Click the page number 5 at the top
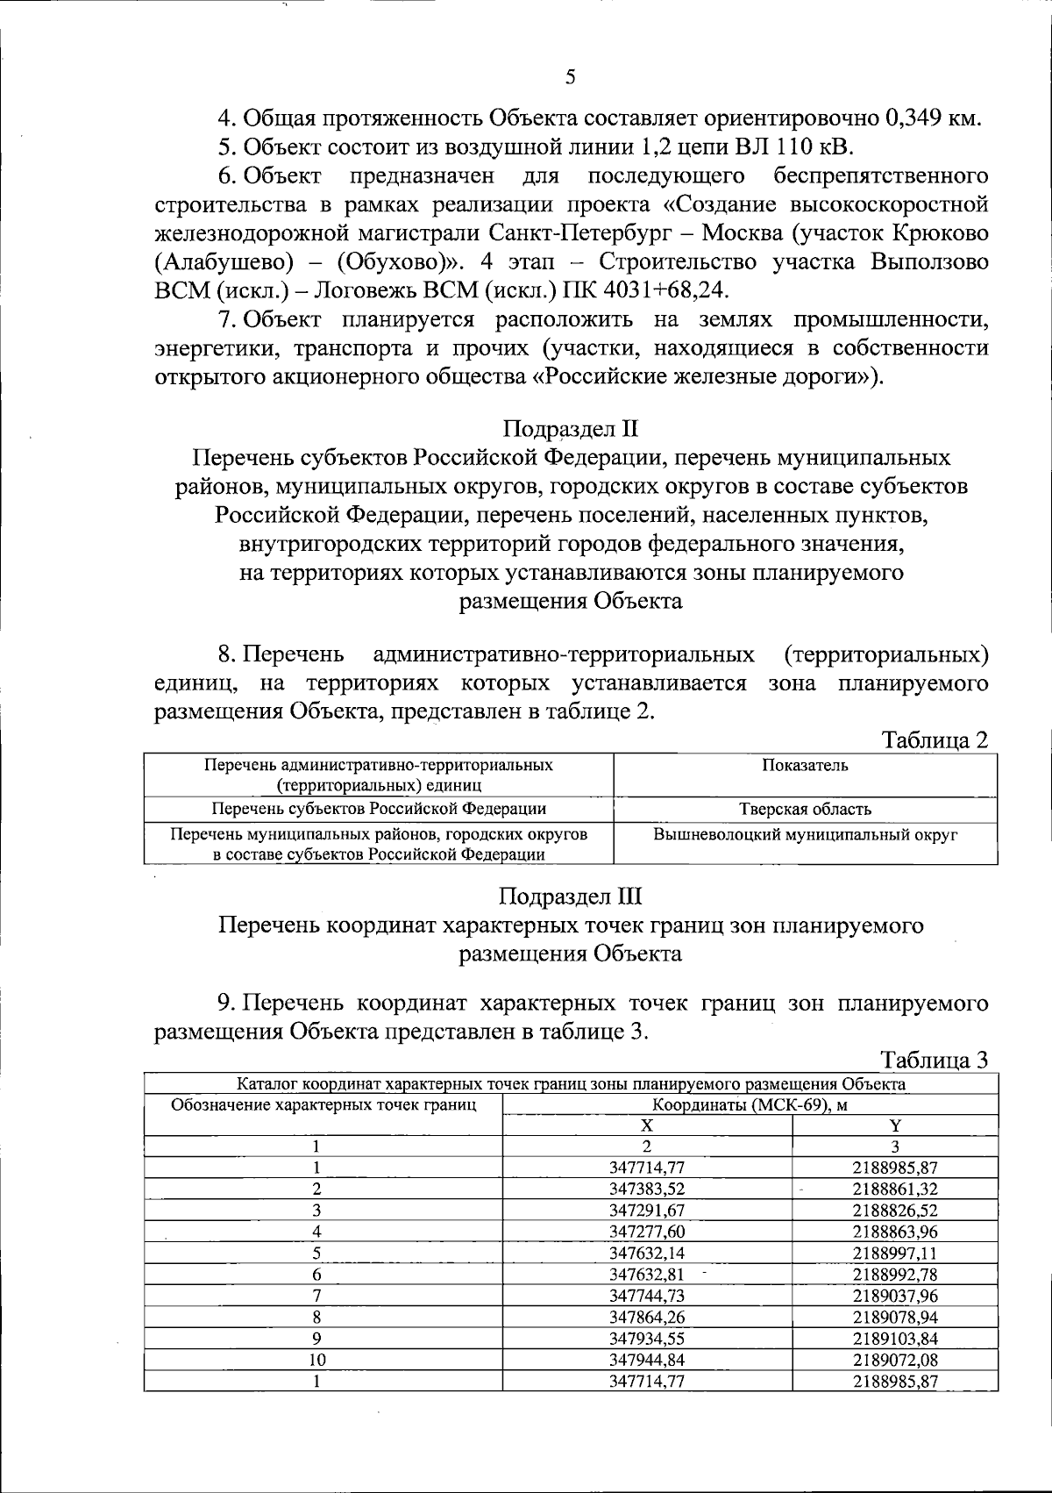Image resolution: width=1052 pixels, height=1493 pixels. pos(571,77)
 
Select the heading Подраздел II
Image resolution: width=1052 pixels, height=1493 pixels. pos(571,429)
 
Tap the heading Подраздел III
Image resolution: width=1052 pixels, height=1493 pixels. pos(571,897)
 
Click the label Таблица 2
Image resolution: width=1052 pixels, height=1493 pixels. pos(935,740)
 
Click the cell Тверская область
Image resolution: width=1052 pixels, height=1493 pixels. pos(805,809)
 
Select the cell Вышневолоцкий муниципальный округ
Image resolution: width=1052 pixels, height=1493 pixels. pos(805,834)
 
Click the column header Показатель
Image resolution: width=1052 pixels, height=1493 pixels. pos(805,765)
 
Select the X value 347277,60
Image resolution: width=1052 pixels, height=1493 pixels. pos(647,1232)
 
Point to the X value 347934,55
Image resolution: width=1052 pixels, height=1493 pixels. pos(647,1339)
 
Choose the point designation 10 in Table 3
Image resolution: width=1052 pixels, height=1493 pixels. pos(316,1360)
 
